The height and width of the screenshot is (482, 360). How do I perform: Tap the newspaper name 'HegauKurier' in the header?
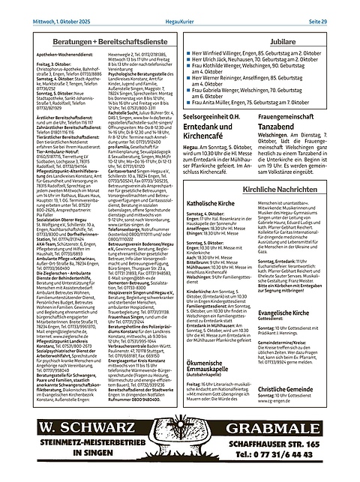tap(180, 7)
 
